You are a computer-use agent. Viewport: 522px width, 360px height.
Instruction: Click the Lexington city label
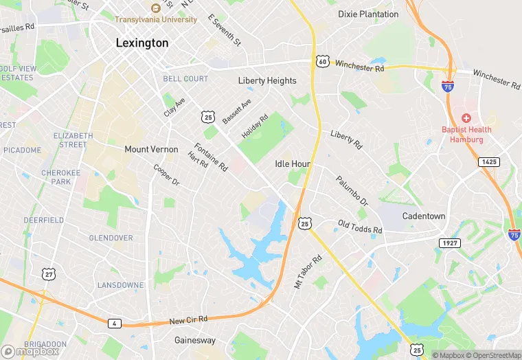[141, 43]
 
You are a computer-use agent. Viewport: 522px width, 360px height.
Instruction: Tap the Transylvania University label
[156, 19]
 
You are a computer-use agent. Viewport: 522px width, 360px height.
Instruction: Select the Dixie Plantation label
[368, 14]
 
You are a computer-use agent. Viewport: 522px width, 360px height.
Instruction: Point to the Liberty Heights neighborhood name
[267, 80]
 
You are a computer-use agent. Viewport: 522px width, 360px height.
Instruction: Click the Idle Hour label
[293, 164]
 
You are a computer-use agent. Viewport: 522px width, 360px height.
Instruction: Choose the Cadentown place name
[423, 216]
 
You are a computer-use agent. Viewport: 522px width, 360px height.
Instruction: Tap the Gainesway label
[194, 340]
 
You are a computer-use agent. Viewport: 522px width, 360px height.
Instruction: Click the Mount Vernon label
[151, 149]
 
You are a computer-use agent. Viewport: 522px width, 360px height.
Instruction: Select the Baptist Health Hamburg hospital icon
[466, 119]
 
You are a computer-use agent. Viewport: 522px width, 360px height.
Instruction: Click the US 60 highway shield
[323, 62]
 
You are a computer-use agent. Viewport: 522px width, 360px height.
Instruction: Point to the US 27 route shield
[49, 255]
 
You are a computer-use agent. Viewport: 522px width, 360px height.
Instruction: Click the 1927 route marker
[449, 243]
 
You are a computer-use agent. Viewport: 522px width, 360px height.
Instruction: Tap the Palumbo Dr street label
[352, 192]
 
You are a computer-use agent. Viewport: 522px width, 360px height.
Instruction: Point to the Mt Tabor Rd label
[308, 272]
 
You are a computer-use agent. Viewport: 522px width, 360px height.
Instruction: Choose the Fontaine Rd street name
[210, 157]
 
